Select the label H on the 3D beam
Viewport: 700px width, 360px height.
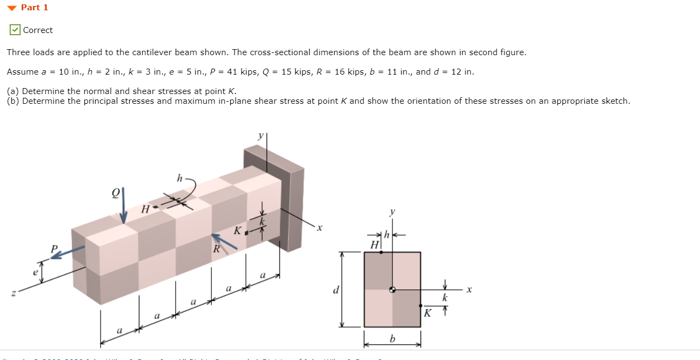point(144,209)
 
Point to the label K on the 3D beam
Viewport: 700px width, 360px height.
point(237,231)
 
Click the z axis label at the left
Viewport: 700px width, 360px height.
point(14,293)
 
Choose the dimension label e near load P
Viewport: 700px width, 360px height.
point(36,272)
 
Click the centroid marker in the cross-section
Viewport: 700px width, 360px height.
point(393,290)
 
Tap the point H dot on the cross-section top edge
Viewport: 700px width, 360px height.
point(381,252)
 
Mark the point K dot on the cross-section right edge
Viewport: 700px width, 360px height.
point(421,305)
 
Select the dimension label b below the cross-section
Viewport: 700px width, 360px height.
point(392,339)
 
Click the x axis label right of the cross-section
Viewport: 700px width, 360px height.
point(469,290)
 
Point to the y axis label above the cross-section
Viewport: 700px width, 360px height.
point(393,212)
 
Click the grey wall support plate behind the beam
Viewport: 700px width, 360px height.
point(295,205)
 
